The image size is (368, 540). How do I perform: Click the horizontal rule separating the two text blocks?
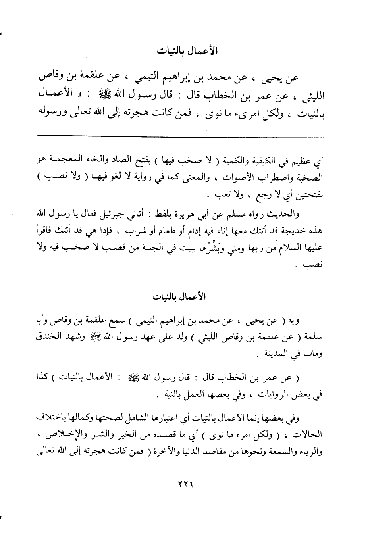coord(181,137)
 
